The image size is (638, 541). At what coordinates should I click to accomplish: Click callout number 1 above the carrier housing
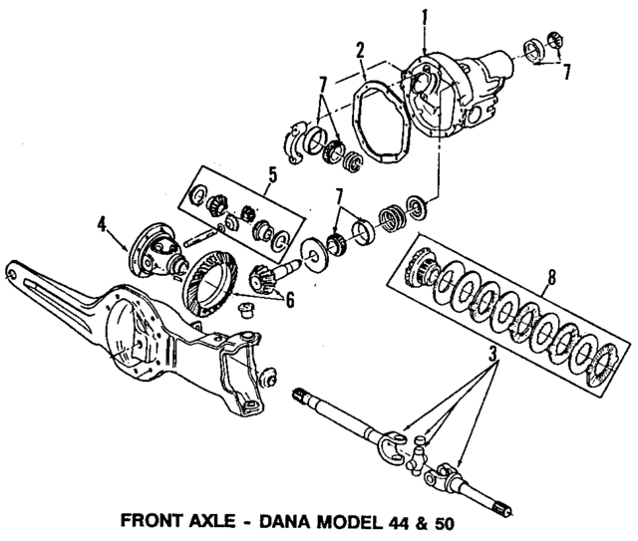pyautogui.click(x=425, y=17)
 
